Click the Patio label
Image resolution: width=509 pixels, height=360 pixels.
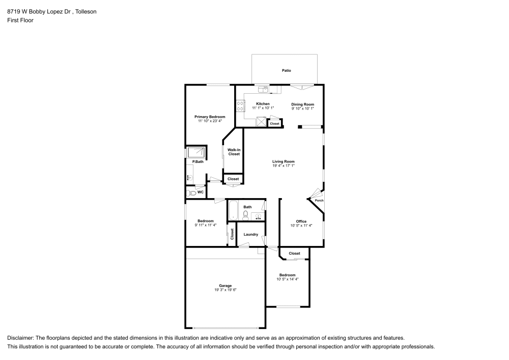pos(287,70)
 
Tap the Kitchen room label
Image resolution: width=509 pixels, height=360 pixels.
pos(263,104)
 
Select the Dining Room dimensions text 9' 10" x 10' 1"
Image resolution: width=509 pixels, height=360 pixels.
pos(302,108)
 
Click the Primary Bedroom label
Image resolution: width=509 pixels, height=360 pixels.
pos(210,117)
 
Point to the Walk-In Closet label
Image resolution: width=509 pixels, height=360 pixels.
pos(234,152)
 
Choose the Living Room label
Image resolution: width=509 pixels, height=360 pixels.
pos(284,161)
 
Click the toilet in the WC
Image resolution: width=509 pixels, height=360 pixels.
pos(192,193)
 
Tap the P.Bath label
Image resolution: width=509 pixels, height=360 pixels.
pos(197,162)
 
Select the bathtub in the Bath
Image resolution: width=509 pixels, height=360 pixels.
pos(233,210)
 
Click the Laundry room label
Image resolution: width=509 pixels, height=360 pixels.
pos(251,234)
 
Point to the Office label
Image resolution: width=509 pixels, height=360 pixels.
pos(301,221)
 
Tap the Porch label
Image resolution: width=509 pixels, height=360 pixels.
pos(319,200)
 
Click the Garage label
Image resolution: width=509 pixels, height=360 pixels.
pos(225,286)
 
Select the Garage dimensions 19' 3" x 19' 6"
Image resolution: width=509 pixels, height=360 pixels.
pos(225,290)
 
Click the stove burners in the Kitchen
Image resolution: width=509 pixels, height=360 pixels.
pos(240,106)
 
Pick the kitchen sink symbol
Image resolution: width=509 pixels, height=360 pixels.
pos(263,89)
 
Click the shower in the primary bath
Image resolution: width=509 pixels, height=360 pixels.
pos(197,152)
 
